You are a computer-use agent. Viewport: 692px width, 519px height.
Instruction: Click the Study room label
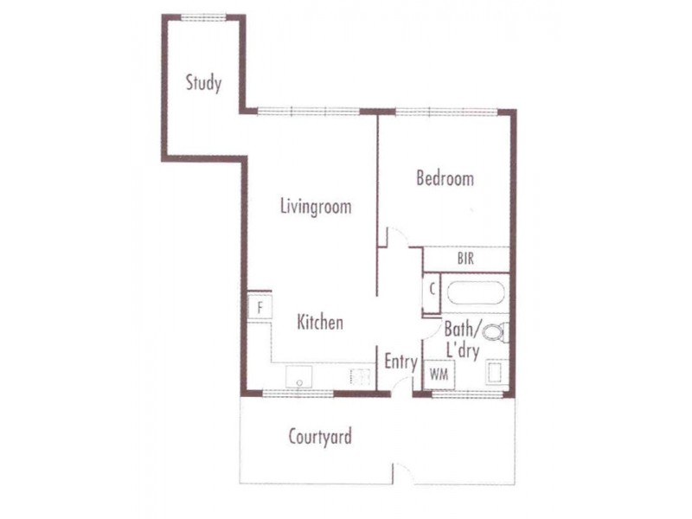point(203,83)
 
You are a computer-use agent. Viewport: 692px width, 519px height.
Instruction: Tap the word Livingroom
point(316,207)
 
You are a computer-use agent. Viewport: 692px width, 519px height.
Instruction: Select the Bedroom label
point(445,178)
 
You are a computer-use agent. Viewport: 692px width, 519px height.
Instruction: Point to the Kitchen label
point(320,322)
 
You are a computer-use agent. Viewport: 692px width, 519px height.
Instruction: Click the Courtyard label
point(320,437)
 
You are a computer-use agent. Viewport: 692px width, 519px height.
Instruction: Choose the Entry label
point(400,362)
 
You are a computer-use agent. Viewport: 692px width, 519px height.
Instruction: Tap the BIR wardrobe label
point(465,259)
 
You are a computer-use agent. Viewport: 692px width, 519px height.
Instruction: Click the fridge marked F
point(259,307)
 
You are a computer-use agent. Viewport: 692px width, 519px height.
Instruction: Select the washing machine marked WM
point(439,375)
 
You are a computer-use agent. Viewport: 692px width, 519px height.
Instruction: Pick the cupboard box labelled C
point(432,290)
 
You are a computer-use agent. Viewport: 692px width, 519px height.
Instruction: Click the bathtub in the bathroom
point(475,292)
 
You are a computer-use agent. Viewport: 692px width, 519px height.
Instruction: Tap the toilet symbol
point(495,332)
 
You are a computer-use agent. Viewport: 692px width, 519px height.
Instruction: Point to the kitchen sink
point(299,377)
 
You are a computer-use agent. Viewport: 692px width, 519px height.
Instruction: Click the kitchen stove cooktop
point(361,377)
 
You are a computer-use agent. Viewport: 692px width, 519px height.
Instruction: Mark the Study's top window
point(203,17)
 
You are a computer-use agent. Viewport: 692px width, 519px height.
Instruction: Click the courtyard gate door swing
point(404,472)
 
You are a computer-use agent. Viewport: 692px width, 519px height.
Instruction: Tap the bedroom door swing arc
point(399,237)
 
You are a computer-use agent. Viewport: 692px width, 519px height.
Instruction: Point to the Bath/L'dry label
point(463,340)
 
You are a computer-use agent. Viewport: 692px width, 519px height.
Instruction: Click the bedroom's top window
point(446,112)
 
